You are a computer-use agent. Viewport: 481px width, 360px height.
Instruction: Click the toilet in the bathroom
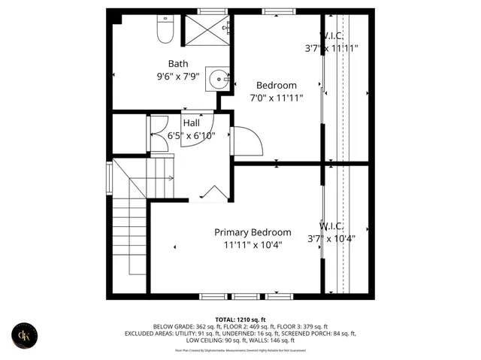pos(165,29)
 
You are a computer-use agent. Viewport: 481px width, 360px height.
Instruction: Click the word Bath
pos(178,64)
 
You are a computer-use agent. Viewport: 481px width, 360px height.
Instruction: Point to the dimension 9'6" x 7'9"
pos(178,76)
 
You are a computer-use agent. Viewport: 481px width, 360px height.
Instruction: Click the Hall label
pos(192,123)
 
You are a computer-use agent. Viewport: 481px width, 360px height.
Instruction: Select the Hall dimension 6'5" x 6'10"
pos(191,136)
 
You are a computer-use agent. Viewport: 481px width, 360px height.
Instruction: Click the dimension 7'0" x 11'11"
pos(276,98)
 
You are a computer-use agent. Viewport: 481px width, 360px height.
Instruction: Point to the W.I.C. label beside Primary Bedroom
pos(331,226)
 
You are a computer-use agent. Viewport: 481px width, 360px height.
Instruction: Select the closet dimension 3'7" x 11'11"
pos(331,48)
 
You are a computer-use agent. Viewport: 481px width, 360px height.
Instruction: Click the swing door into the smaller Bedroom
pos(247,141)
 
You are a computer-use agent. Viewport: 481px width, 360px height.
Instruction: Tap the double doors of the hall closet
pos(159,135)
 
